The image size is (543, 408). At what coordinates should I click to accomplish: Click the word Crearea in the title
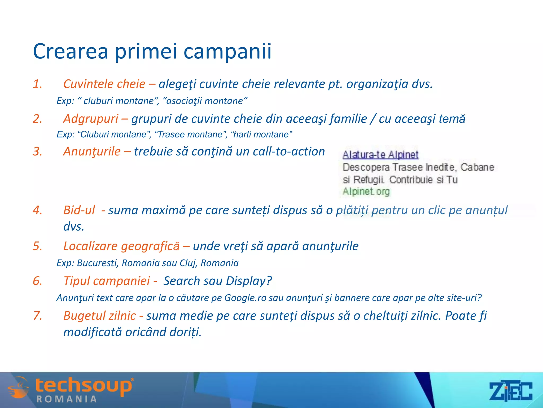pos(71,51)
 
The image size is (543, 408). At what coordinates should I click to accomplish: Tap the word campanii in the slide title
pos(227,51)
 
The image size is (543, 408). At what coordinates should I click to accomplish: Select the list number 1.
pos(37,84)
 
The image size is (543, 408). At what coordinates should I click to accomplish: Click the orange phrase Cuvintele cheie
pos(104,84)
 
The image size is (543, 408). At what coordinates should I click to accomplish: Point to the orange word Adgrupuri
pos(91,119)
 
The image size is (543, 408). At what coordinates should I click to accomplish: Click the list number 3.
pos(37,152)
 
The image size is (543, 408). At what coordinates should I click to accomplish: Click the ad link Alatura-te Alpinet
pos(380,155)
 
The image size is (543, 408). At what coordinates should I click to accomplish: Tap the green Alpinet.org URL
pos(366,192)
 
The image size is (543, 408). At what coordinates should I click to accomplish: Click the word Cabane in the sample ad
pos(477,167)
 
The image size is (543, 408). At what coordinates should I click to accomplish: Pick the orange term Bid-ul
pos(79,210)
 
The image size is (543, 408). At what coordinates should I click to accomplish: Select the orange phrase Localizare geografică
pos(121,246)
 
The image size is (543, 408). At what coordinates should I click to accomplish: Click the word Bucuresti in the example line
pos(97,263)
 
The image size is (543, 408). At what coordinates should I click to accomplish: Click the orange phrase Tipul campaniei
pos(107,281)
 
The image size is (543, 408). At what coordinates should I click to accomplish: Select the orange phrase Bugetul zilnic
pos(99,316)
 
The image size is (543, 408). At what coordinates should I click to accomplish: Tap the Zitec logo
pos(510,391)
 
